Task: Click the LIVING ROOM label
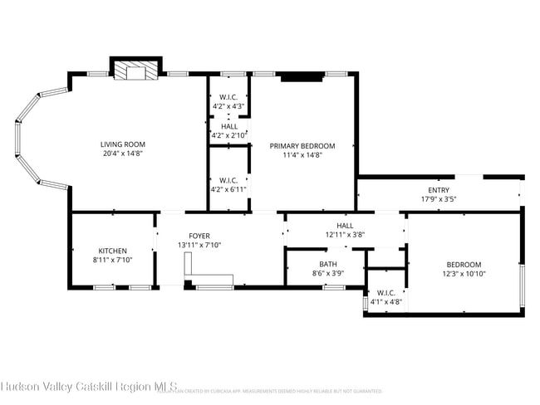coord(123,144)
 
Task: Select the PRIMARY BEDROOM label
coord(302,145)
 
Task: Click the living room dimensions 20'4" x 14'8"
coord(123,154)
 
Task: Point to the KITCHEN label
coord(112,251)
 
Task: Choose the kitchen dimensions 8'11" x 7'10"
coord(112,260)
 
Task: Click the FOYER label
coord(199,236)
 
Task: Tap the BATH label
coord(327,263)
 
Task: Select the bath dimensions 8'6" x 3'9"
coord(327,272)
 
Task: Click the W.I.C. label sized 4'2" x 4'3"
coord(228,97)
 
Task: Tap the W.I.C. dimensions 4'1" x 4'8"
coord(386,302)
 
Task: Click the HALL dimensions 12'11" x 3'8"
coord(345,235)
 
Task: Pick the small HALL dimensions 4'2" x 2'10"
coord(228,134)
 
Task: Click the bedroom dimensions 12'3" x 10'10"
coord(464,274)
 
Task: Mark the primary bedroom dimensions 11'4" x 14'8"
coord(302,154)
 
